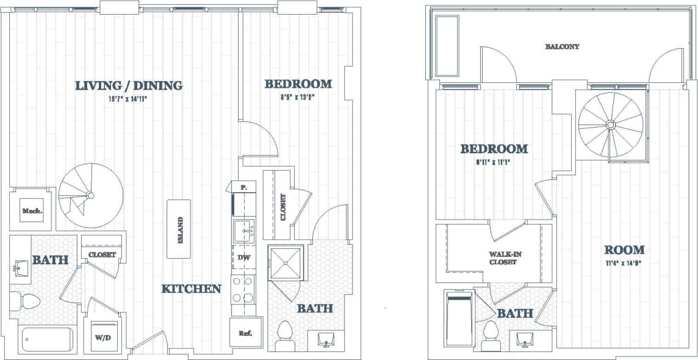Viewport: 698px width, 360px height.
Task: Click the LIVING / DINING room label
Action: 129,85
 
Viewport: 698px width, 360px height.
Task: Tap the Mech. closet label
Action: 32,212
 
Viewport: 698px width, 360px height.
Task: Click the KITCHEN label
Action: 191,289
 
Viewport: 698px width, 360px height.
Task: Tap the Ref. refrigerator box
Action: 246,333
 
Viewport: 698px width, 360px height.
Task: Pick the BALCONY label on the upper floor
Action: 562,46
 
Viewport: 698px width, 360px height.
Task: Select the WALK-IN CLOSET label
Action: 503,258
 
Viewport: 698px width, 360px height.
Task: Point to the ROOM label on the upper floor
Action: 624,250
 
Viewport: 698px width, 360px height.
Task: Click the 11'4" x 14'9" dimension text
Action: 624,264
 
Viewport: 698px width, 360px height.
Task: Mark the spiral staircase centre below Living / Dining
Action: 90,195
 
